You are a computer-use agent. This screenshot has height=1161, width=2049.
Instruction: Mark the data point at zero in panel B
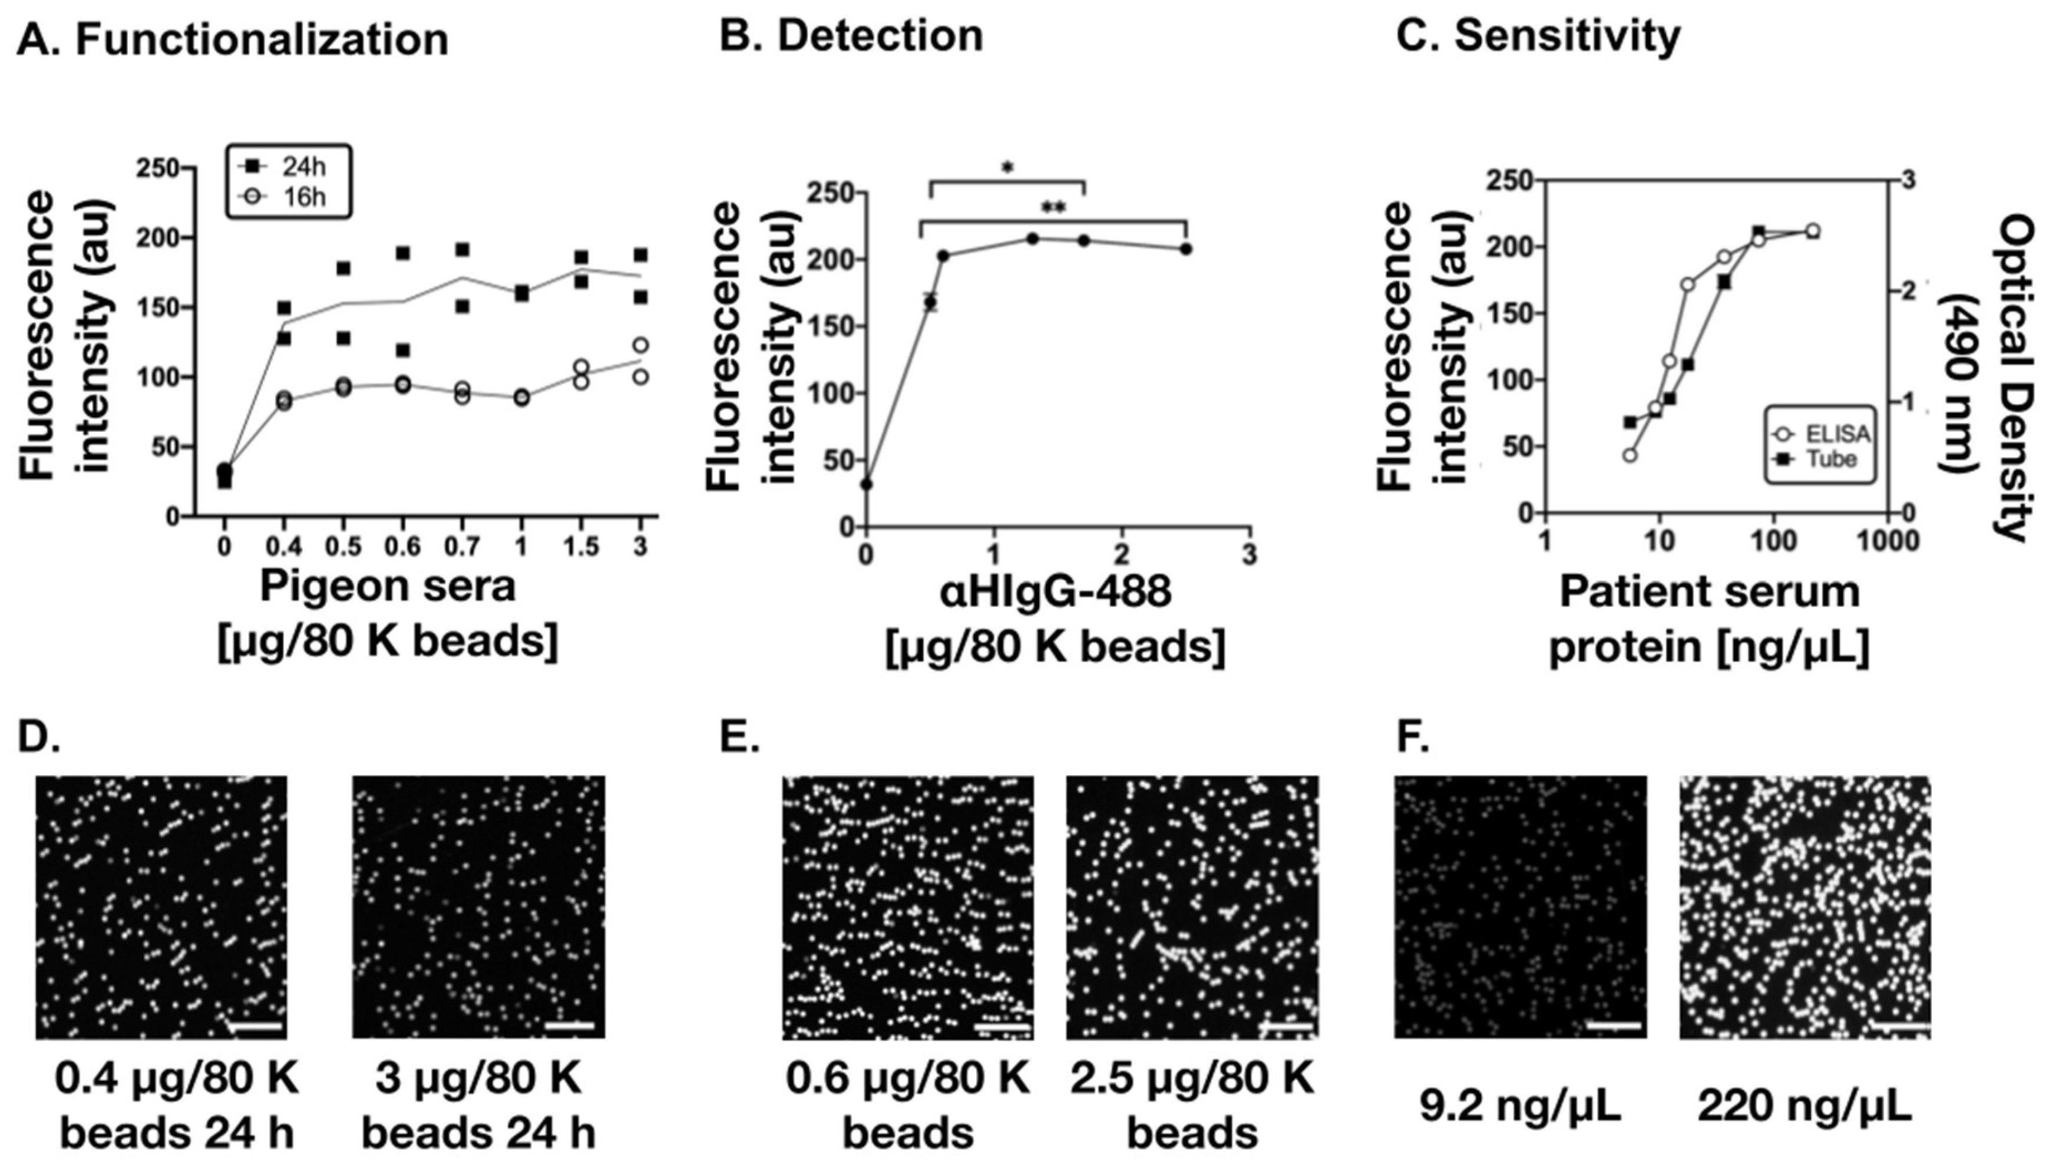click(x=867, y=484)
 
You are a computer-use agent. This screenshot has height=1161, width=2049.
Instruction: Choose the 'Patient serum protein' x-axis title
click(x=1709, y=618)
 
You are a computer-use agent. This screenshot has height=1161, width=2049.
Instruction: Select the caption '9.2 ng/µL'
click(x=1519, y=1106)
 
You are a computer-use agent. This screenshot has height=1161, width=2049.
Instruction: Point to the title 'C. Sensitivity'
click(x=1538, y=37)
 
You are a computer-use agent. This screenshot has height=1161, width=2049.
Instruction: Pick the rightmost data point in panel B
click(x=1185, y=249)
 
